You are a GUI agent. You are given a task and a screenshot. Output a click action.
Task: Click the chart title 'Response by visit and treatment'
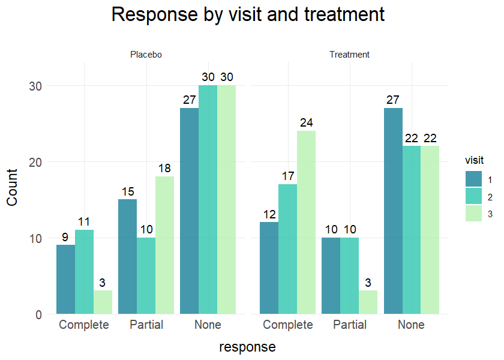(x=248, y=14)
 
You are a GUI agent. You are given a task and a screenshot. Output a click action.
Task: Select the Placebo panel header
(x=146, y=55)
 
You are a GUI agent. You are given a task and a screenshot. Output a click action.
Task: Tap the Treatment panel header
(x=349, y=55)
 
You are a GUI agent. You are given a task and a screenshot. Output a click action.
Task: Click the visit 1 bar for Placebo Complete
(x=65, y=279)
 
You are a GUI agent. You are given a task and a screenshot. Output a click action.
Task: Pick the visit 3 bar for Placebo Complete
(x=103, y=302)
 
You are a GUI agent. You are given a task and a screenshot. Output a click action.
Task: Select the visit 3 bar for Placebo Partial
(x=164, y=245)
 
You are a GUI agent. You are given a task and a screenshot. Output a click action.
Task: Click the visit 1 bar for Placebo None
(x=189, y=211)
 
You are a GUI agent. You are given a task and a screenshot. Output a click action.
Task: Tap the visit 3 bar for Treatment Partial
(x=368, y=302)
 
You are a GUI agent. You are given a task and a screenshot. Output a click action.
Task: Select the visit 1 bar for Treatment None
(x=393, y=211)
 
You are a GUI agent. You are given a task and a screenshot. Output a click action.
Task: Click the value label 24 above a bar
(x=307, y=122)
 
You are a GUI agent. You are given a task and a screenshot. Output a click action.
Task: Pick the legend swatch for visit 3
(x=473, y=213)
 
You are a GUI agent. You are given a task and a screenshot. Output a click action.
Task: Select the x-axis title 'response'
(x=247, y=347)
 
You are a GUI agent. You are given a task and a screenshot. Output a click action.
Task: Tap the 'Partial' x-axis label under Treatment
(x=349, y=325)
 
